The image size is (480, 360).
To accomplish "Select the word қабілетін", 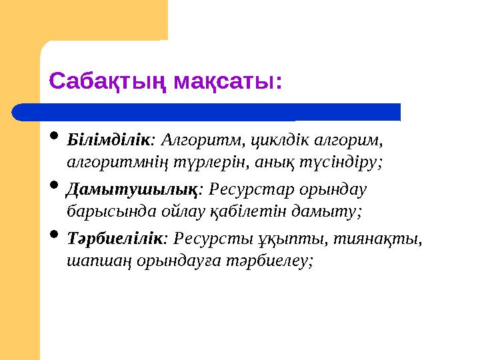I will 253,211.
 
